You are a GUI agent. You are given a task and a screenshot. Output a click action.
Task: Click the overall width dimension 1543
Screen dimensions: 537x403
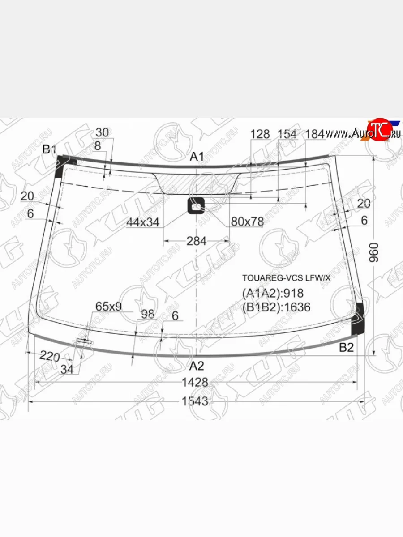point(195,401)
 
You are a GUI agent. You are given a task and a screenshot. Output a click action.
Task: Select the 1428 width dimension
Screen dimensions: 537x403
point(195,382)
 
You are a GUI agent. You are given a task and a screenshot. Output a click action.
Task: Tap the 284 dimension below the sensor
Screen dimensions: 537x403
point(196,241)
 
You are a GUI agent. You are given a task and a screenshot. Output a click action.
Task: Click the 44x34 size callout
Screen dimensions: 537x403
point(143,222)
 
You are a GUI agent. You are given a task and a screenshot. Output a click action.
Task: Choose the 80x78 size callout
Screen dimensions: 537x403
point(247,222)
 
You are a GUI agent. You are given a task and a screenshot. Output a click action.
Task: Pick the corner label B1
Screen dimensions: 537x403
point(49,149)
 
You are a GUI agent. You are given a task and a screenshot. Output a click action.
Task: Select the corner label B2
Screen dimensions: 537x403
point(346,347)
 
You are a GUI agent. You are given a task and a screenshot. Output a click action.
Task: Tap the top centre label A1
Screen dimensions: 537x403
point(197,157)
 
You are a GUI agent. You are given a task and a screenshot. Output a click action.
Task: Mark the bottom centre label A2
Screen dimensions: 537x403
point(196,366)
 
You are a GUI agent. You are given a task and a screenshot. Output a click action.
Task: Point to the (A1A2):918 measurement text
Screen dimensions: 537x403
point(273,293)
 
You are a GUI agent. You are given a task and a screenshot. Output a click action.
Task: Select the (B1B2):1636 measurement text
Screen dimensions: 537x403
point(276,307)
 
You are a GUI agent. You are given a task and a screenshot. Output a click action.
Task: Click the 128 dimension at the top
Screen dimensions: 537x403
point(260,134)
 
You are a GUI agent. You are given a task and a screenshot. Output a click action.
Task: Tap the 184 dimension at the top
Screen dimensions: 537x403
point(315,134)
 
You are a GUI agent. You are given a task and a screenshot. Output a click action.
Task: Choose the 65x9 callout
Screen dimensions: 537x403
point(108,307)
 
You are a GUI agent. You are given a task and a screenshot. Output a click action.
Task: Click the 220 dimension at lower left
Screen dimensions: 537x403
point(49,357)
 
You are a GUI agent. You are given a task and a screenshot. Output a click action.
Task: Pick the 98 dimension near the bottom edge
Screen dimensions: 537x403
point(147,314)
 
